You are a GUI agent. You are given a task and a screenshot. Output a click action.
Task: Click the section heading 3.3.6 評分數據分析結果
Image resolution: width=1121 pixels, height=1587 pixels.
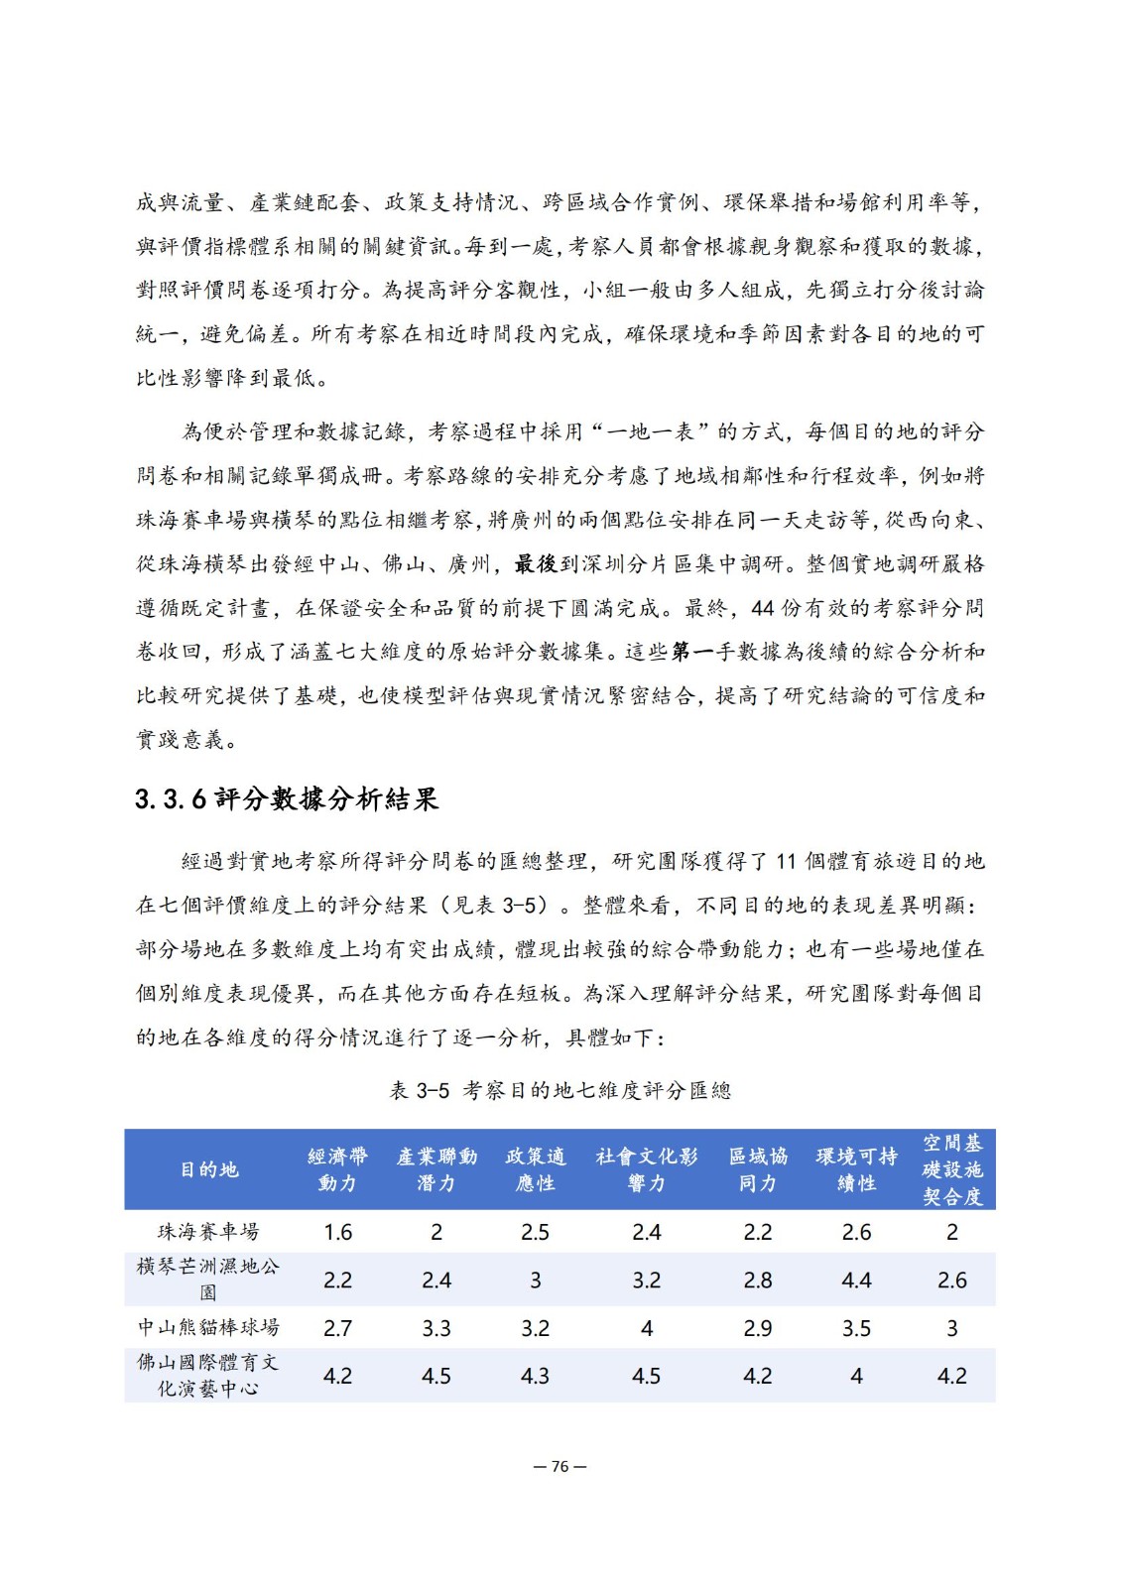pos(286,799)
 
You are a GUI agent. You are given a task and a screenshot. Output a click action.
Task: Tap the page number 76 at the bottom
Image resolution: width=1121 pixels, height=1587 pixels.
pos(560,1467)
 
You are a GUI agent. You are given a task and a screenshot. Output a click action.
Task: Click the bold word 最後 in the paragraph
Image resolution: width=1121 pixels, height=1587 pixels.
pos(536,564)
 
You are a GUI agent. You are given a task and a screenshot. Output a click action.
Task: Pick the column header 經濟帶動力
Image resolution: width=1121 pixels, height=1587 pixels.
pos(337,1169)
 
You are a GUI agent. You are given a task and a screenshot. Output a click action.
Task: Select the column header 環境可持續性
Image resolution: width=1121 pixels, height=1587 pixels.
pos(856,1169)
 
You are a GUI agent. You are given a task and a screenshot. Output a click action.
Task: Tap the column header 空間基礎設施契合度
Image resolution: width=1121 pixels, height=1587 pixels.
pos(951,1169)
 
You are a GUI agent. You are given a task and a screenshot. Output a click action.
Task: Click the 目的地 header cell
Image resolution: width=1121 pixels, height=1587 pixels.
pos(208,1169)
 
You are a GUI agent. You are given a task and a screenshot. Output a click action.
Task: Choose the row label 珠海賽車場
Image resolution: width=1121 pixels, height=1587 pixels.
pos(208,1232)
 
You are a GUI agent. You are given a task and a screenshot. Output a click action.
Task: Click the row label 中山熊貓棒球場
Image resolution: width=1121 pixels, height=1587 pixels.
pos(208,1327)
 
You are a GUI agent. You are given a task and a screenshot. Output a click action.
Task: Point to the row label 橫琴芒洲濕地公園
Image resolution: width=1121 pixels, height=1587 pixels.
pos(208,1280)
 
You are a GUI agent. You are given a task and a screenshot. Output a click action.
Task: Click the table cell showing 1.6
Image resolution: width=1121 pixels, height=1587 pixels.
pos(337,1232)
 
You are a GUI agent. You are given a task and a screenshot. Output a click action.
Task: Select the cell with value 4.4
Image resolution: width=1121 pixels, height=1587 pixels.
pos(856,1281)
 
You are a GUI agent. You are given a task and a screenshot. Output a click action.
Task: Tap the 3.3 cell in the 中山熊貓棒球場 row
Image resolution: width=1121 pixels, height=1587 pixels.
pos(436,1328)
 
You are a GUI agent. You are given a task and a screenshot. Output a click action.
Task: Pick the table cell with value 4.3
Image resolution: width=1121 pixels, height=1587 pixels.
pos(535,1376)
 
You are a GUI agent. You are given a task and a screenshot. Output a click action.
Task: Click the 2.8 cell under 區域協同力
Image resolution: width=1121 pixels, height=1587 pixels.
pos(757,1281)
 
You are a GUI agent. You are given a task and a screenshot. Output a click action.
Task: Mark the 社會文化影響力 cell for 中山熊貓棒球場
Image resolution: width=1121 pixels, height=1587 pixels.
pos(646,1328)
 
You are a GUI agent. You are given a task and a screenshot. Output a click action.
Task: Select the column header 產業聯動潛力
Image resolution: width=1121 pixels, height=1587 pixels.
pos(436,1169)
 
